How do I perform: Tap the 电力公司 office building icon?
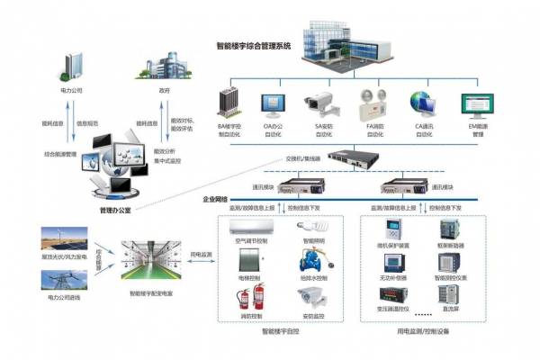(75, 66)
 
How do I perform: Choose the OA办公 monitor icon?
(273, 105)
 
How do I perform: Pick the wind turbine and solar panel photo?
(65, 241)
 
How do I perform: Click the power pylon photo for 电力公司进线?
(65, 281)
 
